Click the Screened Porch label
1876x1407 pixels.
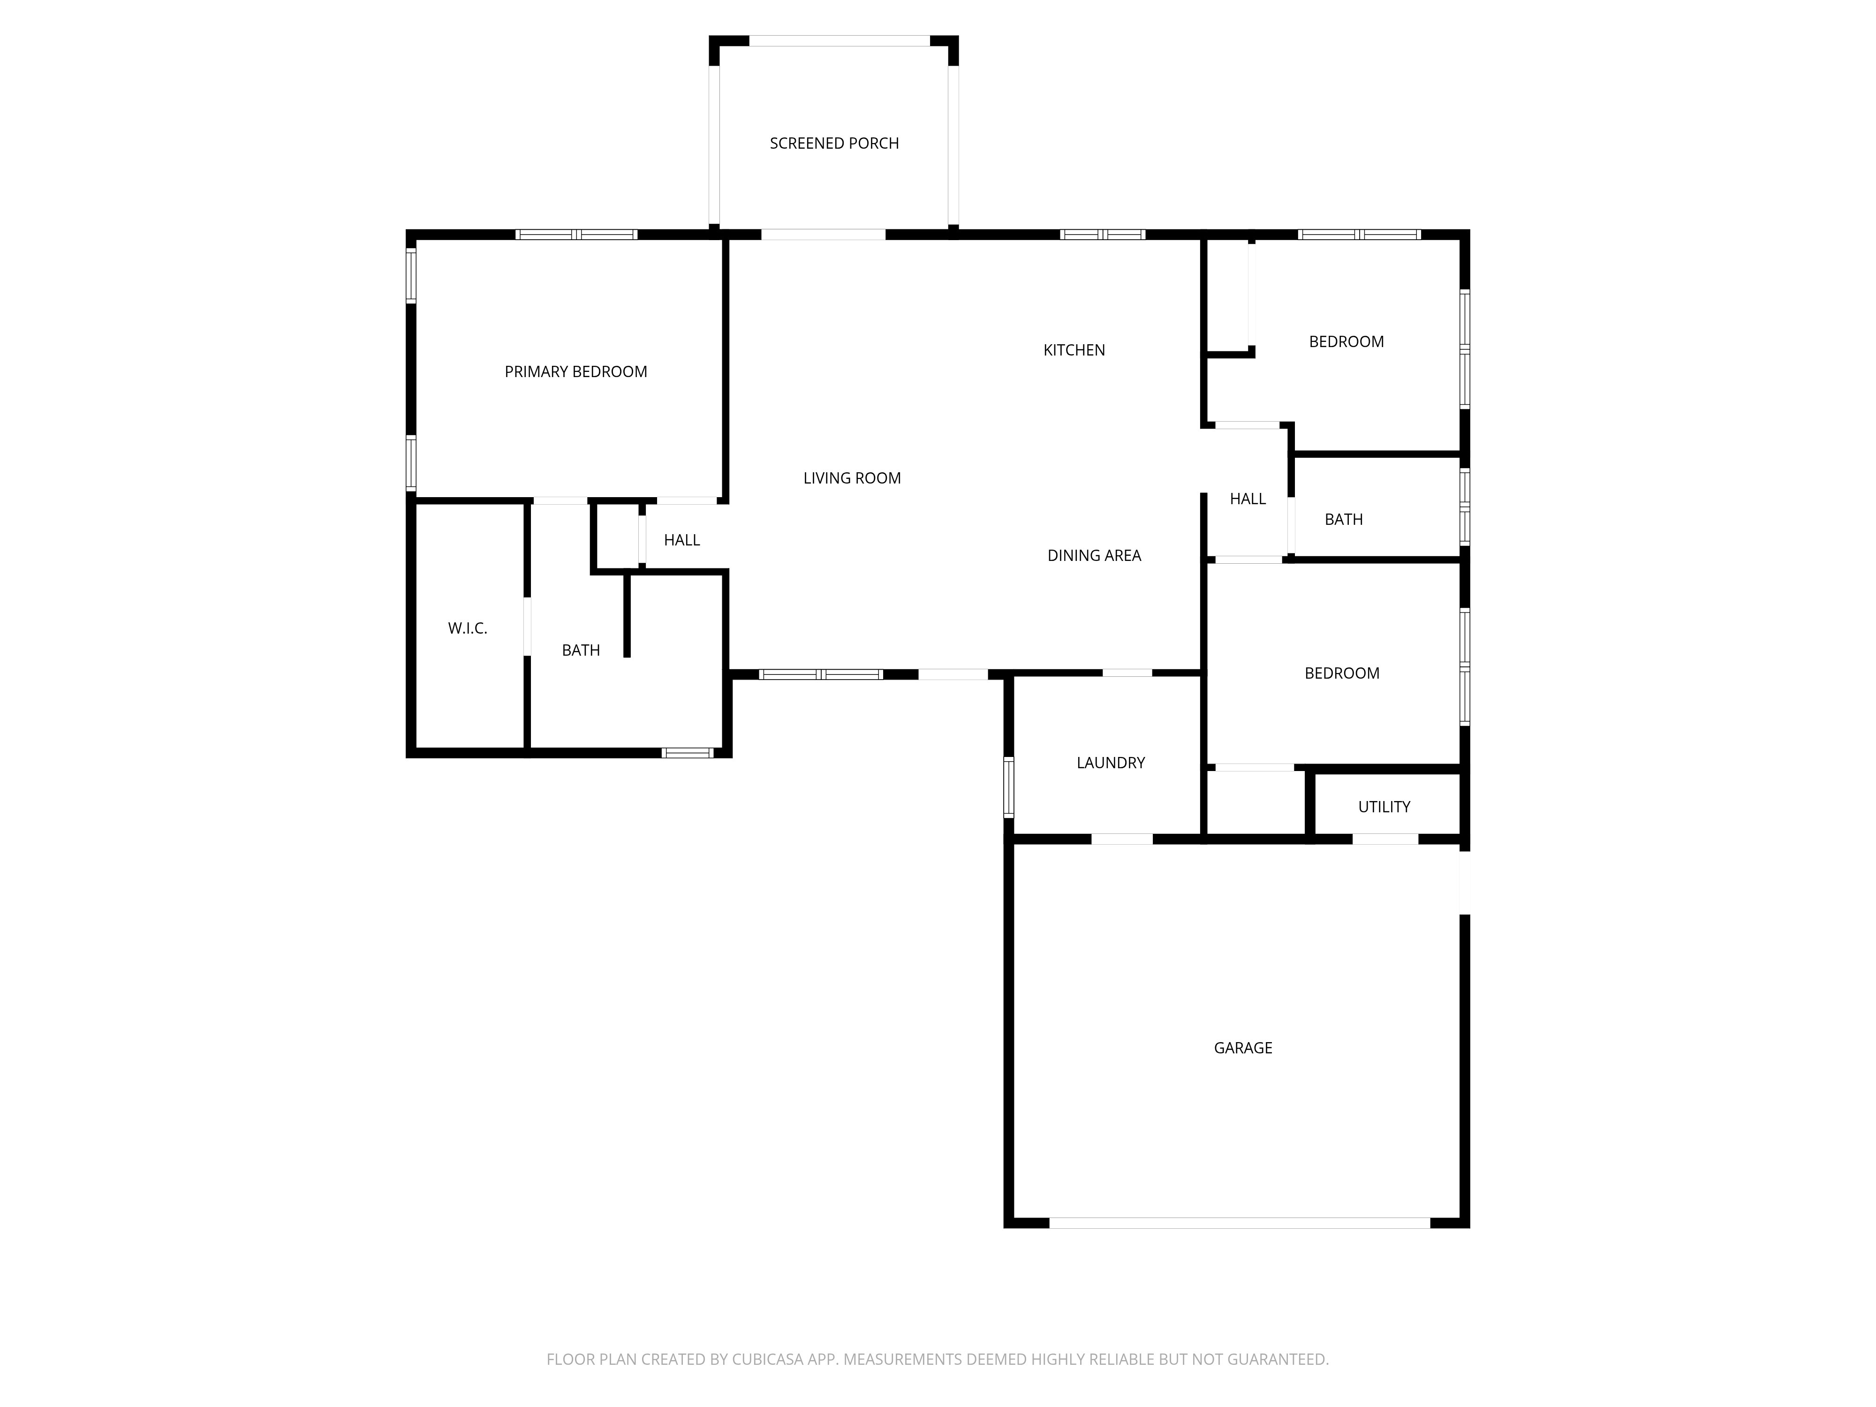[834, 144]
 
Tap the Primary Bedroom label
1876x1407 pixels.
[576, 371]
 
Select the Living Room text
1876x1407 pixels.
[852, 478]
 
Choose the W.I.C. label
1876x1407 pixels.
[467, 628]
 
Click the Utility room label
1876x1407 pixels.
[1384, 807]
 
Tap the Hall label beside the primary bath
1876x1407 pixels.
[682, 540]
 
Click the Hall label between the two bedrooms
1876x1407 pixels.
[1248, 499]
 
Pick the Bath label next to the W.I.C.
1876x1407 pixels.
[581, 651]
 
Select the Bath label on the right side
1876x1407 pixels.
[1343, 519]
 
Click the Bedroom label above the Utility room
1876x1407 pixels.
[1342, 673]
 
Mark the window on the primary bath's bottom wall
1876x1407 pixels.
[687, 752]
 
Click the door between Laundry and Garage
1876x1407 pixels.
[1121, 839]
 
